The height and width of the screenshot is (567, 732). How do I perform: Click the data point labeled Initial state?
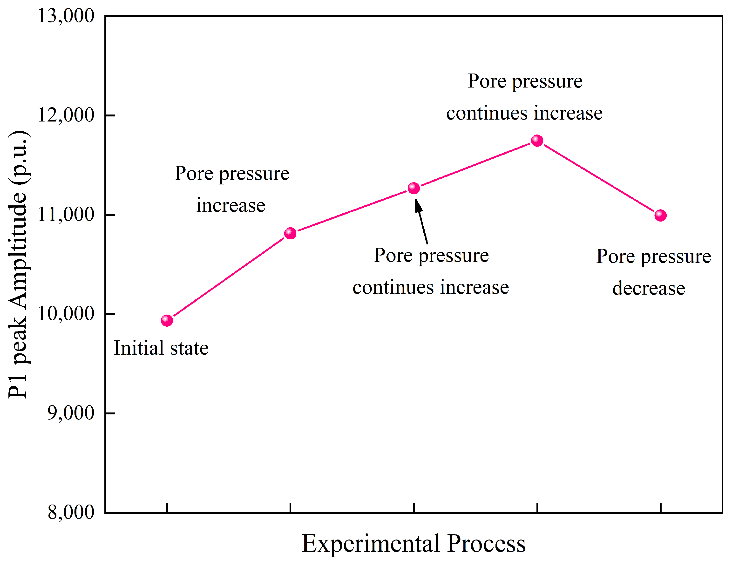pos(167,321)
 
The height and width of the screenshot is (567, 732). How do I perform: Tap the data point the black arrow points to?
pos(413,188)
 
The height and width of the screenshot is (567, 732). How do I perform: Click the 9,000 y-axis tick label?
pos(71,413)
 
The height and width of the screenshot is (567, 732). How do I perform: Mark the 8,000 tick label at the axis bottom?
pos(71,512)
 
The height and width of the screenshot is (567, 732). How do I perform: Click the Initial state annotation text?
pos(161,348)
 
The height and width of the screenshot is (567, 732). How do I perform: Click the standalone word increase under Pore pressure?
pos(230,205)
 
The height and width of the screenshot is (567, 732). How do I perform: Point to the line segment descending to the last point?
pos(599,178)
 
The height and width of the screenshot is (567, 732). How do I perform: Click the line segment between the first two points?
pos(229,277)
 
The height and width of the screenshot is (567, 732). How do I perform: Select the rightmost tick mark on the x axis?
pos(660,508)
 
